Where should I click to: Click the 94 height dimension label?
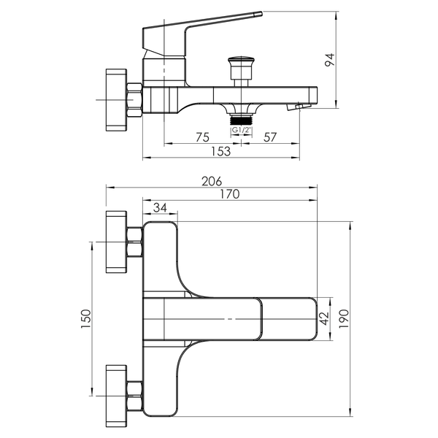330,60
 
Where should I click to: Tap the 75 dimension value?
202,137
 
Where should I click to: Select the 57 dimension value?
270,137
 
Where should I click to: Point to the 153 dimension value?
220,151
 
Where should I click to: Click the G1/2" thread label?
242,130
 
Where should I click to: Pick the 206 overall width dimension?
212,181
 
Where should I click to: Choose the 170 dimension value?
230,194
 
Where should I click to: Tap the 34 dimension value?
160,208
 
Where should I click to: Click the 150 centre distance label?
86,319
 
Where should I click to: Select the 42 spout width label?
324,319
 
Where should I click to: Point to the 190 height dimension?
344,319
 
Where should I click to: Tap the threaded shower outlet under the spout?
242,120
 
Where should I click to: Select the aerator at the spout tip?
299,107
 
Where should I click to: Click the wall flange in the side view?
116,100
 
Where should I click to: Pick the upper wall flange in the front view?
116,242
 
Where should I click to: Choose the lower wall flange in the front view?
116,396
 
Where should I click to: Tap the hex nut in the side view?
134,100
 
